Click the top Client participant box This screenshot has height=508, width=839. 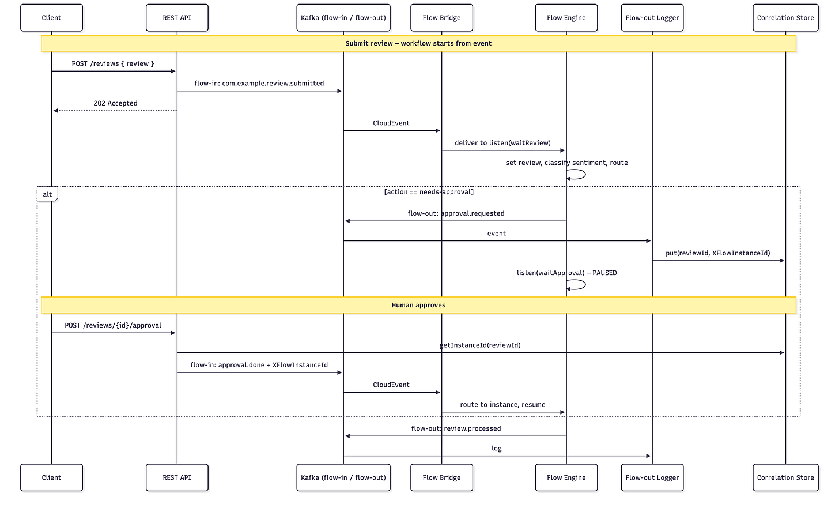(51, 18)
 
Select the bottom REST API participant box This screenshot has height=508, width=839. (177, 477)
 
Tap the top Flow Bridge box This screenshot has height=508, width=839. (441, 18)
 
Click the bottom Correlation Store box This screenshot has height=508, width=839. (785, 477)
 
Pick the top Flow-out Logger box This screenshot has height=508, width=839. (652, 18)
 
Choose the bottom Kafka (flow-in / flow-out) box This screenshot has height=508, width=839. (343, 477)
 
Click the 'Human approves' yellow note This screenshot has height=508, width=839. (418, 305)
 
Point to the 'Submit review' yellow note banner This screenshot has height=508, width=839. (418, 43)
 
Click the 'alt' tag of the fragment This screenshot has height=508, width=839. (47, 194)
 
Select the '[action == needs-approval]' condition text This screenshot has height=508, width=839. (429, 192)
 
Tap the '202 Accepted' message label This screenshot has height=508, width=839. (115, 103)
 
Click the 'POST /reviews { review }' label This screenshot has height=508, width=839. (113, 63)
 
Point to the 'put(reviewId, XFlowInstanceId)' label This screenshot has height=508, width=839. (717, 253)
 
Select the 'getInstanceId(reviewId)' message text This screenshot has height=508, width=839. (480, 345)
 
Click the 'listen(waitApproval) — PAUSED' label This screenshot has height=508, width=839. (566, 273)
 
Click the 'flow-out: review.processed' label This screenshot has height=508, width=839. (456, 428)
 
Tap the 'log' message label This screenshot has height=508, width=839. (497, 448)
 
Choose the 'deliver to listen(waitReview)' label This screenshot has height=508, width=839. (502, 143)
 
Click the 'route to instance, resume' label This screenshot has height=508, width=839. (502, 404)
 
